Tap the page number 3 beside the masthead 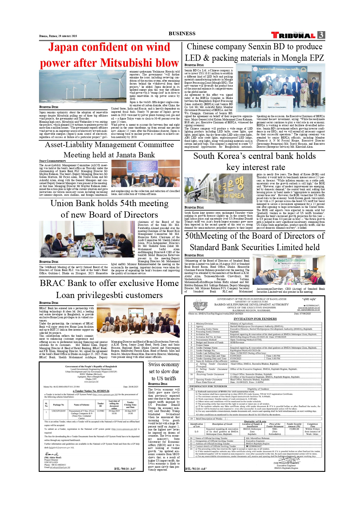[321, 35]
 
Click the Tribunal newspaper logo [293, 36]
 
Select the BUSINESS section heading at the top [182, 33]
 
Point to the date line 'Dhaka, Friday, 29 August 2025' [58, 36]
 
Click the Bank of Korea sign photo [219, 189]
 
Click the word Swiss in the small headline [154, 365]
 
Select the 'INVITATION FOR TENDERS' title [255, 319]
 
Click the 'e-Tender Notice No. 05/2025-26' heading [91, 391]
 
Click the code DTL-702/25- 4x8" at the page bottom [196, 469]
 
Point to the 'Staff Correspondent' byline [53, 161]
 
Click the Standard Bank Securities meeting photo [289, 270]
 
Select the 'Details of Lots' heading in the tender [255, 421]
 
